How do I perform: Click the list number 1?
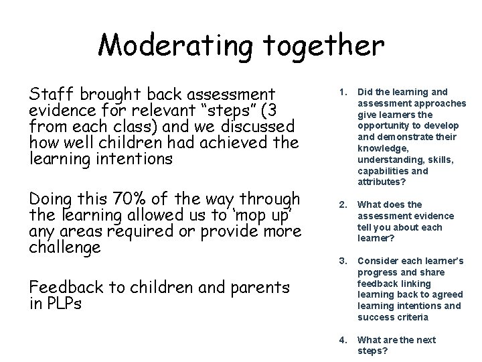click(342, 92)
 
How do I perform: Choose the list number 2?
click(342, 204)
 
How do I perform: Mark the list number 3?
click(342, 260)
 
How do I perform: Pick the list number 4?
click(342, 339)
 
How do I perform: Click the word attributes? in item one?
click(382, 182)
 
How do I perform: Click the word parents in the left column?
click(259, 288)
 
